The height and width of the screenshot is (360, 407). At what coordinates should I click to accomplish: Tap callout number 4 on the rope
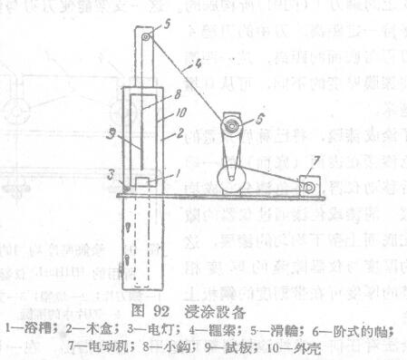coord(186,64)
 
